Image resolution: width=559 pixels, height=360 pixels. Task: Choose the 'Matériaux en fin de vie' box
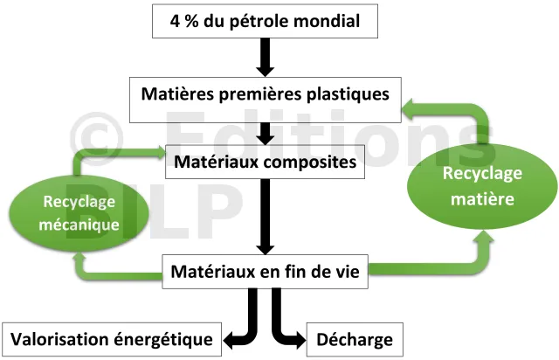click(x=266, y=272)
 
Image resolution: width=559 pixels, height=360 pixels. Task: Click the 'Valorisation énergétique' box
click(x=113, y=337)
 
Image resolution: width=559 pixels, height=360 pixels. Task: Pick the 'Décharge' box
click(x=355, y=337)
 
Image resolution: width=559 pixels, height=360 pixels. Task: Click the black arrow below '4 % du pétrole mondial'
click(x=266, y=60)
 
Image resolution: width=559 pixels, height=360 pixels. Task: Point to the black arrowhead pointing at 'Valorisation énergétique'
click(x=231, y=337)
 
